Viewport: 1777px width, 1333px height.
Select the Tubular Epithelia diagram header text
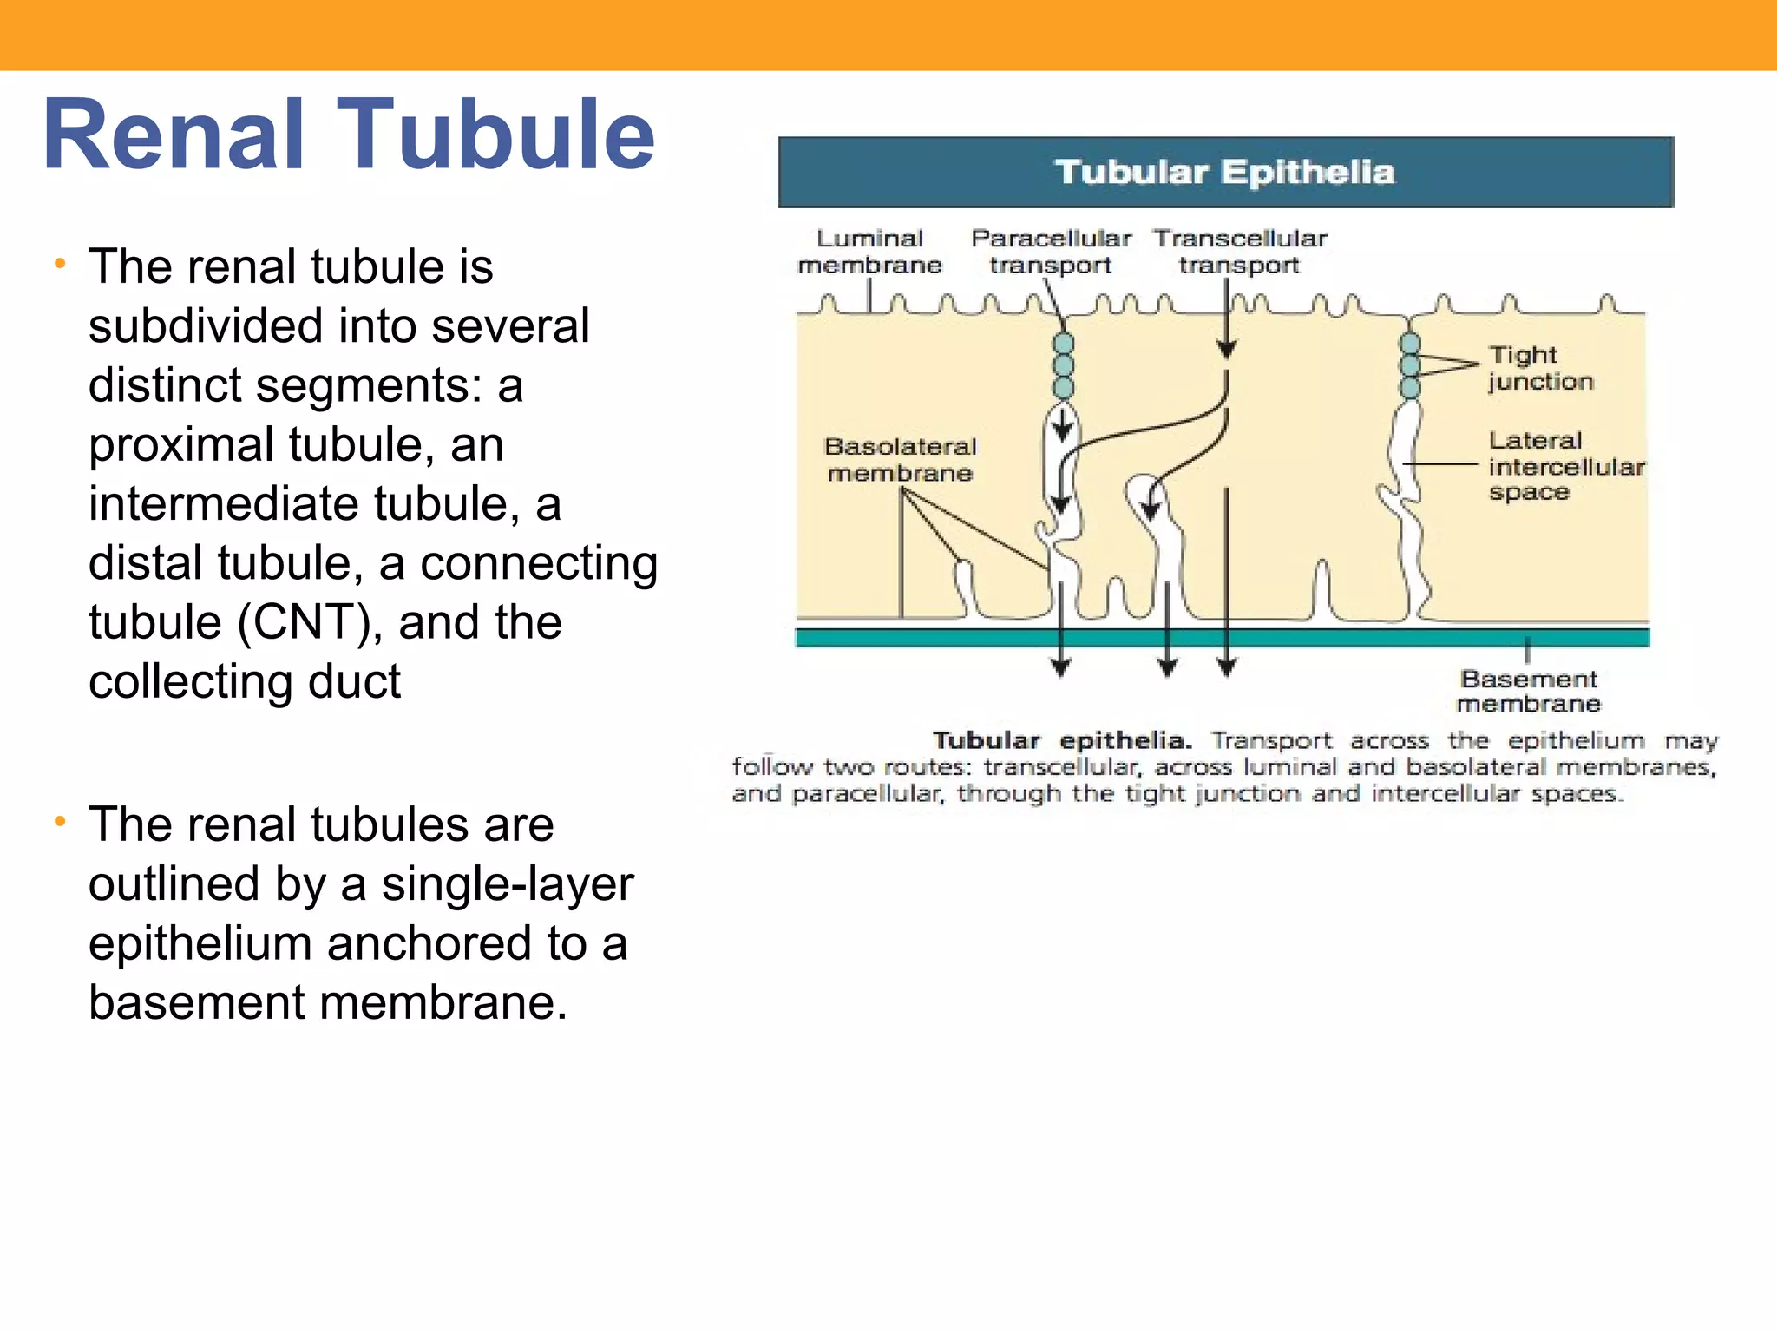tap(1224, 172)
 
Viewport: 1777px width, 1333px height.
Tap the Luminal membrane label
tap(869, 252)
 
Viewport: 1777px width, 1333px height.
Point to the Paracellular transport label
tap(1051, 252)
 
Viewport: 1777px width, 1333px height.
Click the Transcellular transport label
tap(1240, 252)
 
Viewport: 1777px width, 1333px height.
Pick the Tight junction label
tap(1540, 368)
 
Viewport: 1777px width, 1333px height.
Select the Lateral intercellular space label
tap(1565, 467)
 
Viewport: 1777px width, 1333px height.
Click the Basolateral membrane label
tap(900, 459)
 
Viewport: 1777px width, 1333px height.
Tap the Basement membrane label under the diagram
tap(1528, 691)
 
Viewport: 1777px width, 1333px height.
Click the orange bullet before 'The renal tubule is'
tap(60, 263)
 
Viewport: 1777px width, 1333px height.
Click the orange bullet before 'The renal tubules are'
tap(60, 821)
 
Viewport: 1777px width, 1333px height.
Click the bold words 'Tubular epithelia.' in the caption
tap(1061, 740)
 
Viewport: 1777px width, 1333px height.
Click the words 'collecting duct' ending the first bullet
tap(245, 681)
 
